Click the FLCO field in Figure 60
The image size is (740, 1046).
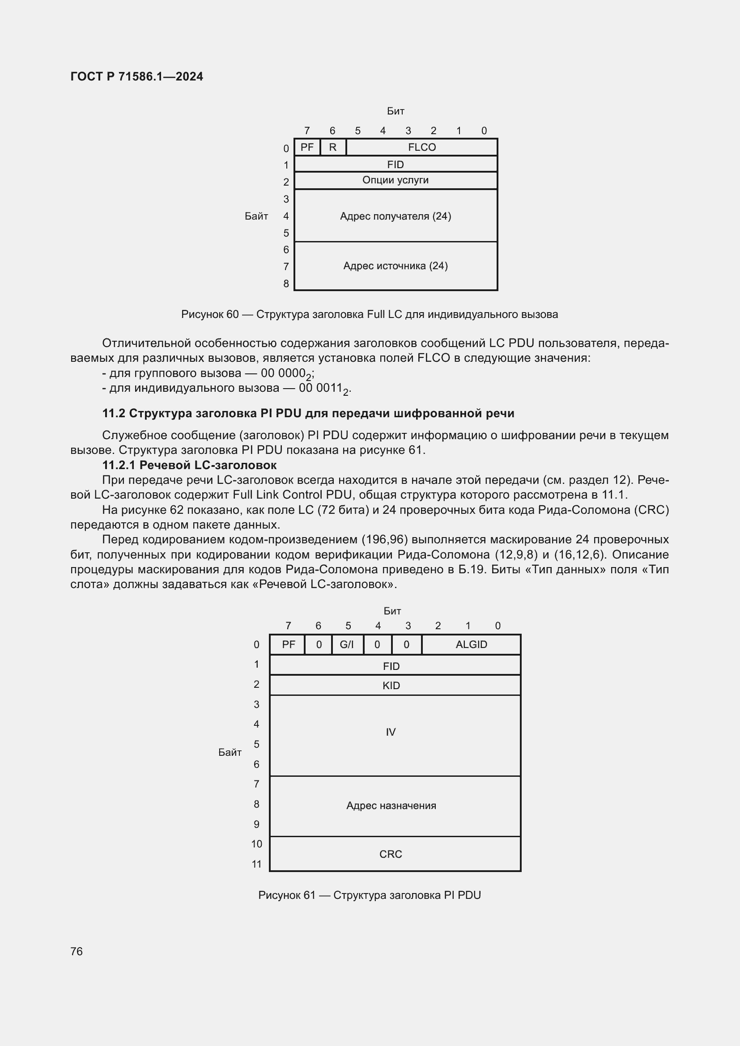[421, 147]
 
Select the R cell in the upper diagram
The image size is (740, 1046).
[332, 147]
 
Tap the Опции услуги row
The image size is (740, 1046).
[395, 180]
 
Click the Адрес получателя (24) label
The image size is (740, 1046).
[395, 216]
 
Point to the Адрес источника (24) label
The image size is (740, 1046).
[395, 266]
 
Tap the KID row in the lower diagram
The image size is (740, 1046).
[391, 685]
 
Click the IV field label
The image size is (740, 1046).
[391, 732]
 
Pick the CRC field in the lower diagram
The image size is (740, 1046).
[391, 854]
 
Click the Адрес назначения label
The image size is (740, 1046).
[391, 805]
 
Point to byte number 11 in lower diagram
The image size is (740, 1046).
[256, 864]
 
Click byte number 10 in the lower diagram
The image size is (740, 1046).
[256, 844]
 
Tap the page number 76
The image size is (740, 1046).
[77, 951]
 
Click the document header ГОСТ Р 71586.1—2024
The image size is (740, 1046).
[137, 76]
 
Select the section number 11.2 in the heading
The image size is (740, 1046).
[114, 413]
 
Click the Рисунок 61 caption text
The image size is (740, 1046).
[369, 895]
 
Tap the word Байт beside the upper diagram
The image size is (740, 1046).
[256, 216]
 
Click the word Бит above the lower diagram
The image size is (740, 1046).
[392, 611]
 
